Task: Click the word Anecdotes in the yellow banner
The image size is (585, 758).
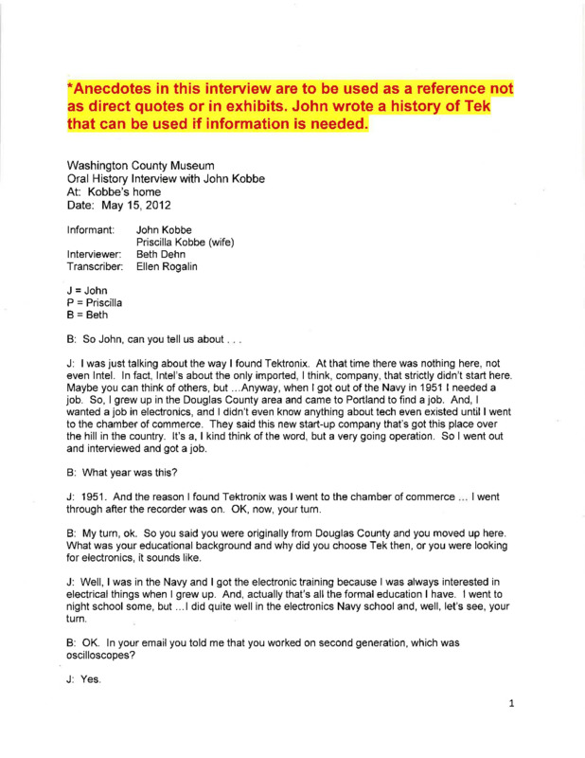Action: tap(122, 88)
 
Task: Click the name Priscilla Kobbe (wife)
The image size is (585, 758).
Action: tap(186, 243)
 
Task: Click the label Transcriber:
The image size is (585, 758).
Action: tap(96, 269)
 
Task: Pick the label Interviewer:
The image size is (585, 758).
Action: tap(95, 256)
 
